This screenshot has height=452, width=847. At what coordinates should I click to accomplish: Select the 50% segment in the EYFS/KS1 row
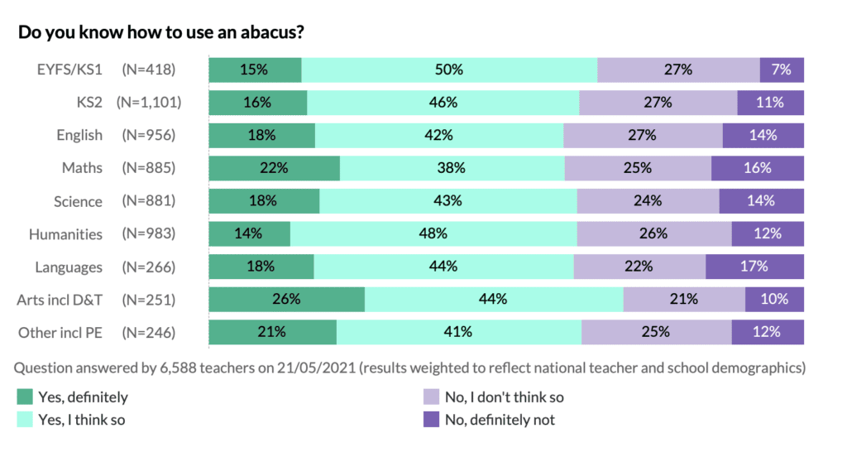click(x=449, y=70)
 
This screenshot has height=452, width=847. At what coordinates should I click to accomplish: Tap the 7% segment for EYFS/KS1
click(x=782, y=70)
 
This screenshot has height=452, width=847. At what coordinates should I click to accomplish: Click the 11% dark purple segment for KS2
click(x=770, y=103)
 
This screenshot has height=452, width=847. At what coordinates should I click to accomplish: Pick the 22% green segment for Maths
click(x=274, y=168)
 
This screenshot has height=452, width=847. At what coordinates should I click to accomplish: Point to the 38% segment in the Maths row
click(x=452, y=168)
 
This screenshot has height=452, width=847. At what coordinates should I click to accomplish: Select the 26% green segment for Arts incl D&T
click(x=286, y=300)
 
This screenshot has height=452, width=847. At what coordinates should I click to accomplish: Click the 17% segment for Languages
click(x=754, y=267)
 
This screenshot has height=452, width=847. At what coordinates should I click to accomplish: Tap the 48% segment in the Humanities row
click(x=433, y=233)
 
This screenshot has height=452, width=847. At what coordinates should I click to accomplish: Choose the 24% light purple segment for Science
click(x=648, y=201)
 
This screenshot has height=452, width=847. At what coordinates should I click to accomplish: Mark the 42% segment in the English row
click(x=438, y=135)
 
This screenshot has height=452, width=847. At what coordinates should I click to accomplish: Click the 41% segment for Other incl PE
click(x=458, y=332)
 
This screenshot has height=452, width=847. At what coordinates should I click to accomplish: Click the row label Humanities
click(x=65, y=234)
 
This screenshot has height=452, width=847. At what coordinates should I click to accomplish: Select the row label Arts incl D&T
click(x=60, y=300)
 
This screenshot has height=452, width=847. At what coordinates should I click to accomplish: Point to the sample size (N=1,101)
click(x=149, y=103)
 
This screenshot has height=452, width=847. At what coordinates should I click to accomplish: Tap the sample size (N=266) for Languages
click(x=149, y=267)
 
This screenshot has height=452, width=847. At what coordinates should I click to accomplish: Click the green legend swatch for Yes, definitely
click(x=25, y=397)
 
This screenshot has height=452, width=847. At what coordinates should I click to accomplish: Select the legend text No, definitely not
click(x=500, y=420)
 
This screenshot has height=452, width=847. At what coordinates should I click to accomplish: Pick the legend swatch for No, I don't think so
click(x=430, y=397)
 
